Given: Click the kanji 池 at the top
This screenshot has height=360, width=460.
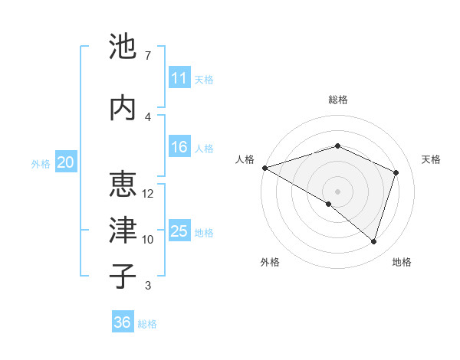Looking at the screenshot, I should pyautogui.click(x=123, y=47).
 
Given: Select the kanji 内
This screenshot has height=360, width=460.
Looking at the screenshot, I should pyautogui.click(x=123, y=107).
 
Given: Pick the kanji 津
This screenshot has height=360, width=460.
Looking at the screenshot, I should pyautogui.click(x=123, y=230).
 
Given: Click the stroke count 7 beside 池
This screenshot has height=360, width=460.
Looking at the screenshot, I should pyautogui.click(x=147, y=56).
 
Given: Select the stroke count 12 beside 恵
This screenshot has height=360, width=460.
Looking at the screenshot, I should pyautogui.click(x=148, y=194).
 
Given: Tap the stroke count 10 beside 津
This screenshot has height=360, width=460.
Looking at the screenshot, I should pyautogui.click(x=148, y=240).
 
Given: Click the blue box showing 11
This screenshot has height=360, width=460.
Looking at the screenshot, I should pyautogui.click(x=179, y=78).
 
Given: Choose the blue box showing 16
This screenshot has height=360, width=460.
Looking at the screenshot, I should pyautogui.click(x=179, y=147).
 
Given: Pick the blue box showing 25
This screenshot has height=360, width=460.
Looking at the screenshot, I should pyautogui.click(x=179, y=231).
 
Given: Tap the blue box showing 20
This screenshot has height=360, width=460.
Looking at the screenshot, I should pyautogui.click(x=66, y=162).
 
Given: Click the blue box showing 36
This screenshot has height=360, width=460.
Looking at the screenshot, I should pyautogui.click(x=122, y=322).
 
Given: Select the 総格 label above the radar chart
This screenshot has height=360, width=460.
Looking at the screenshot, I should pyautogui.click(x=337, y=100).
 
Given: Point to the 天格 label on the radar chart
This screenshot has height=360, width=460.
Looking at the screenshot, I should pyautogui.click(x=431, y=159).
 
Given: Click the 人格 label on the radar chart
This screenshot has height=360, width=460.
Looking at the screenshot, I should pyautogui.click(x=245, y=159).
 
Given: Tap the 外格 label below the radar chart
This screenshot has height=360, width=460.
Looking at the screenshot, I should pyautogui.click(x=270, y=263).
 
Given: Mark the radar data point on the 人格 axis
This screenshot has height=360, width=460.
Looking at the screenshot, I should pyautogui.click(x=264, y=167).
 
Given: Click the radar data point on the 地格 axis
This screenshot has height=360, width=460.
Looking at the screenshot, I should pyautogui.click(x=373, y=241).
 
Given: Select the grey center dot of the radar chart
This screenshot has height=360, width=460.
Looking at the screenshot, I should pyautogui.click(x=337, y=191).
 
